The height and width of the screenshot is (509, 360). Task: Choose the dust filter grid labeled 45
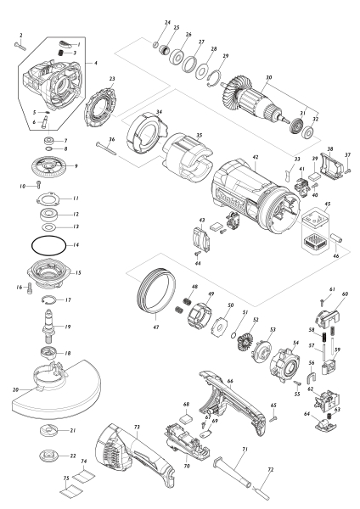pyautogui.click(x=318, y=234)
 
